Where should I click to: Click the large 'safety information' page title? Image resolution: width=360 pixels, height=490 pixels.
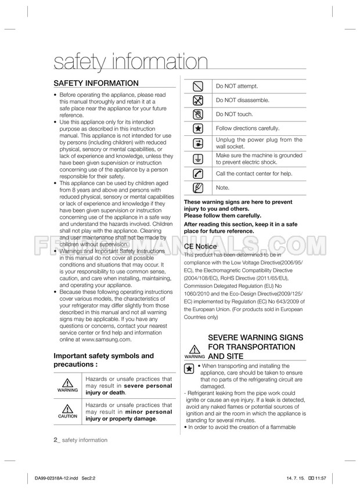click(x=129, y=62)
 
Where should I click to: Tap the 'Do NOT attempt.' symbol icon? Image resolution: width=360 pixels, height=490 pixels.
click(x=198, y=87)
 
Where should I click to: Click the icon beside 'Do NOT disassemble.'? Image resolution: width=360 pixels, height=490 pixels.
click(x=198, y=100)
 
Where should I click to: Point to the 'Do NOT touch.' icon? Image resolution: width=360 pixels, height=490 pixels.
click(x=198, y=114)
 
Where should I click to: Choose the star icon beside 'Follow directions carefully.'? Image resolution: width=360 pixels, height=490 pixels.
click(x=198, y=128)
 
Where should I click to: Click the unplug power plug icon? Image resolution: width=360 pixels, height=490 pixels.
click(x=198, y=143)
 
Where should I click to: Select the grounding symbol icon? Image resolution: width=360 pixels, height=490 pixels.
click(x=198, y=159)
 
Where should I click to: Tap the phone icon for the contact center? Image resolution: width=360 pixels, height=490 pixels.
click(x=198, y=174)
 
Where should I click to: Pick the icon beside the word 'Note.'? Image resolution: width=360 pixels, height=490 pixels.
click(x=198, y=188)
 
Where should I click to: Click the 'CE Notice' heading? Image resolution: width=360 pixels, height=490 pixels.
click(x=201, y=246)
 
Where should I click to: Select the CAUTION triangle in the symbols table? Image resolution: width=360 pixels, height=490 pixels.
click(x=67, y=411)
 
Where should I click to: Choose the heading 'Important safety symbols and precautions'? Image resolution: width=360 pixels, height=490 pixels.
click(x=103, y=360)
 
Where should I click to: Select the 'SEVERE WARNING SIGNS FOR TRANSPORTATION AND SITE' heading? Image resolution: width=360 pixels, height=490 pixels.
click(x=251, y=347)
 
